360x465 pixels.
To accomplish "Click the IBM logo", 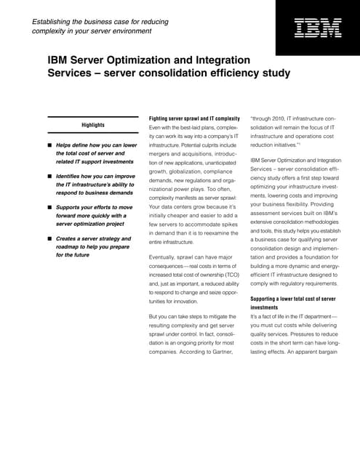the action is coord(317,29).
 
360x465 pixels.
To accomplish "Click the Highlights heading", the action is coord(92,125).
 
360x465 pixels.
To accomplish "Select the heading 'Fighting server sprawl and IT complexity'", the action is coord(194,118).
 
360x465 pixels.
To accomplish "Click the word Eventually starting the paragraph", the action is coord(164,257).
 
